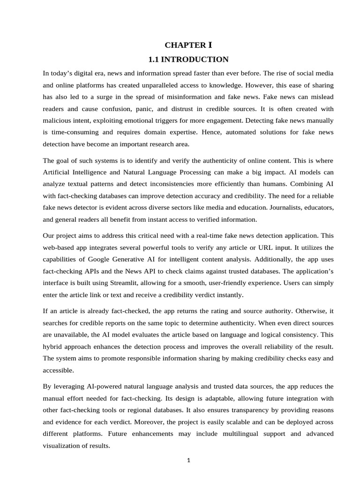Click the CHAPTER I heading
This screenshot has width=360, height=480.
click(188, 45)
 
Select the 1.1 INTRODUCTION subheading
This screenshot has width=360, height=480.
click(188, 60)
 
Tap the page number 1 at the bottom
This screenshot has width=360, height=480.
click(188, 460)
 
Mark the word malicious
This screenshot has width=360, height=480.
click(57, 120)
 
